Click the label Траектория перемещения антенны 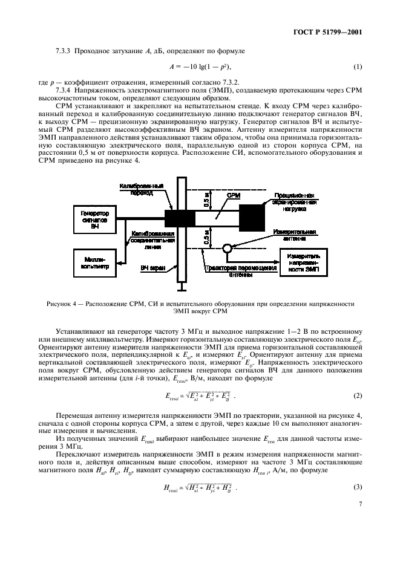tap(233, 270)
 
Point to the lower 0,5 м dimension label tap(206, 238)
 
